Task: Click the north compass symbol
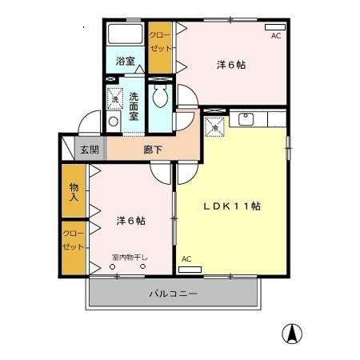(x=294, y=334)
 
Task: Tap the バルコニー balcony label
(x=173, y=294)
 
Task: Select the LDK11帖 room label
(x=231, y=206)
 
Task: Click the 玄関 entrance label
(x=89, y=149)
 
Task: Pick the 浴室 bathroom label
(x=125, y=61)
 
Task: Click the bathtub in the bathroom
(x=125, y=36)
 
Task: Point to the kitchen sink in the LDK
(x=245, y=121)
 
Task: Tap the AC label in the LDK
(x=186, y=259)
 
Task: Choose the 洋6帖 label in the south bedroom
(x=130, y=220)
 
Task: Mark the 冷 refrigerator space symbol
(x=214, y=126)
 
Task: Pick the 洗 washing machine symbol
(x=114, y=99)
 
